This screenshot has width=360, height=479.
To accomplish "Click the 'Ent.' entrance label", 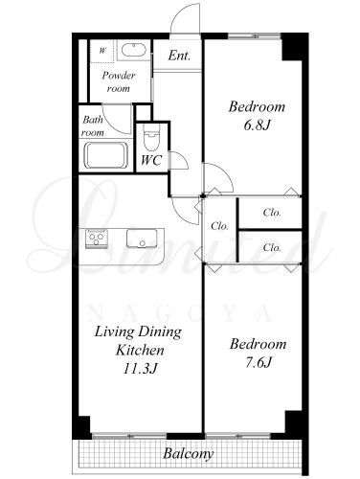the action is [179, 56].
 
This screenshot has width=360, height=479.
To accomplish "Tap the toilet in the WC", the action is [151, 137].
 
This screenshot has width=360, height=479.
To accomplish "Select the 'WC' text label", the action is [151, 160].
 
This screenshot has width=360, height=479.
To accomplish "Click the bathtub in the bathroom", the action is [105, 155].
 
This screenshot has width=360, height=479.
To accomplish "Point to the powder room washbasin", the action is [134, 50].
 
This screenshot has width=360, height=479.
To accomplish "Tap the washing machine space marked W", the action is [102, 51].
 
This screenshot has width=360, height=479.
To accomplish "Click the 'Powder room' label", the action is [119, 81].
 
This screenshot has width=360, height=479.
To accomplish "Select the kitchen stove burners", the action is [97, 238].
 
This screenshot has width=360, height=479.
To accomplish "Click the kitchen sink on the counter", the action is [142, 239].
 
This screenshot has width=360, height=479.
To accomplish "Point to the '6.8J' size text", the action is [257, 125].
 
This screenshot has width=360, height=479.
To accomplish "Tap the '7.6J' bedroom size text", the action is [259, 362].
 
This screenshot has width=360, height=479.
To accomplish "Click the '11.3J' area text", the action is [140, 369].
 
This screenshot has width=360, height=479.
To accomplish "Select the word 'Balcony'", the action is [188, 454].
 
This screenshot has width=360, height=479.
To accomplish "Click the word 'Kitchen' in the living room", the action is [140, 350].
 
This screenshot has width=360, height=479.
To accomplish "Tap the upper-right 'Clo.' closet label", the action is [272, 213].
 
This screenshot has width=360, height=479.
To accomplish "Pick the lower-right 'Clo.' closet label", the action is [272, 247].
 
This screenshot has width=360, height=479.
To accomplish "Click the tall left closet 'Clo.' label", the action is [219, 226].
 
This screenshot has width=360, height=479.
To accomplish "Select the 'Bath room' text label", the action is [93, 126].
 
